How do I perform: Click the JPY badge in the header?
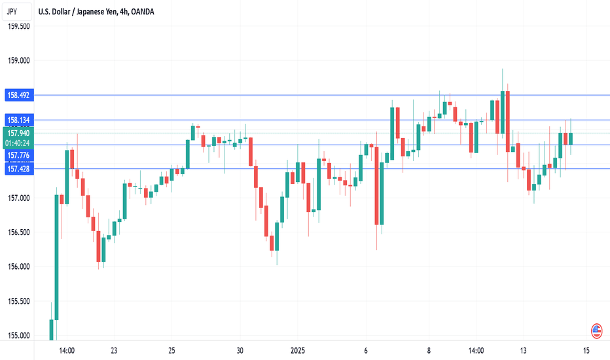point(12,11)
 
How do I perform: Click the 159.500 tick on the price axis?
point(18,26)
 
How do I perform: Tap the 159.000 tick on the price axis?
point(18,60)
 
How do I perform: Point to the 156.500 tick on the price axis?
point(18,232)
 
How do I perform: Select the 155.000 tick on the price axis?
point(18,336)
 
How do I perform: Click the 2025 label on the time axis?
point(298,350)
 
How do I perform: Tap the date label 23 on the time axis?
point(114,350)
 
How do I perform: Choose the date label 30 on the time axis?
point(240,350)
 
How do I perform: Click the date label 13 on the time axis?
point(523,350)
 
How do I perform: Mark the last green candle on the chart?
point(571,139)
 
